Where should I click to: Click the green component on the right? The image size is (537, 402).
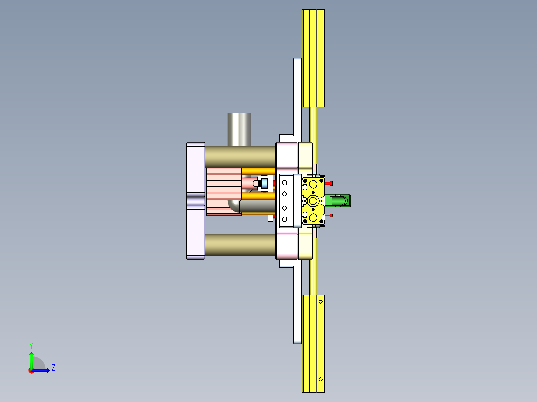click(x=340, y=201)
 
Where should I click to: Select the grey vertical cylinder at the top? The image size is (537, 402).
click(x=239, y=129)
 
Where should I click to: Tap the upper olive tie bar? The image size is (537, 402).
click(x=240, y=156)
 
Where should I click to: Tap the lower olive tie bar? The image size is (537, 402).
click(x=240, y=245)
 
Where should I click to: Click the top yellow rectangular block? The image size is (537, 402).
click(x=313, y=58)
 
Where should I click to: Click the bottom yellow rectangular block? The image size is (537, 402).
click(x=313, y=343)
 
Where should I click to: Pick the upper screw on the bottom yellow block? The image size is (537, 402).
click(x=321, y=301)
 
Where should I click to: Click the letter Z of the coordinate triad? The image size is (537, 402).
click(x=53, y=368)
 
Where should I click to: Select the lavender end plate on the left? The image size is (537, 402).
click(x=195, y=201)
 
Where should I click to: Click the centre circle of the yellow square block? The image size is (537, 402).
click(x=313, y=201)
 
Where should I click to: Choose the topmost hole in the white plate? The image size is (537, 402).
click(x=285, y=183)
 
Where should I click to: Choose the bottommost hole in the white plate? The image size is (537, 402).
click(x=285, y=219)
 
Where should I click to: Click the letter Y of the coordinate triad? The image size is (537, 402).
click(x=31, y=345)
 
